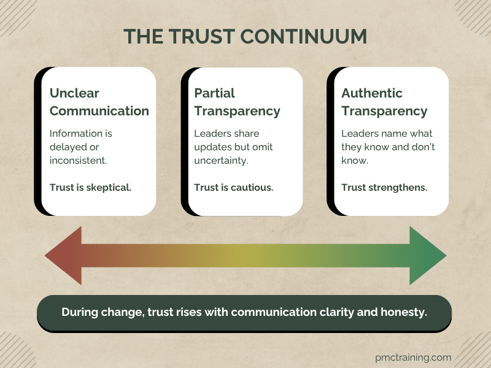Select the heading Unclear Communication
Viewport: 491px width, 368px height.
(99, 102)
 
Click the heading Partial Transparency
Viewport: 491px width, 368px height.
(237, 102)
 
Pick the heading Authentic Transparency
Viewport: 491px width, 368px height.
(384, 102)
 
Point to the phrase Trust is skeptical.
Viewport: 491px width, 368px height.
(90, 187)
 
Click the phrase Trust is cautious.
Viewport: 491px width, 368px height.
(234, 187)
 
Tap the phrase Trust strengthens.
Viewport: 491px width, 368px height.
(384, 187)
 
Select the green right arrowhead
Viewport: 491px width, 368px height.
(427, 255)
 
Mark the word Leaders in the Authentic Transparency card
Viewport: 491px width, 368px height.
(360, 134)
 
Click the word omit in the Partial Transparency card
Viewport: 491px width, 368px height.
(278, 147)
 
